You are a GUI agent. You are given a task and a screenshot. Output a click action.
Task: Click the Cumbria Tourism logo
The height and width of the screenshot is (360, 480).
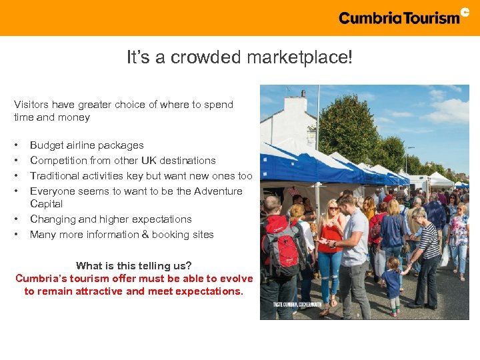pos(403,17)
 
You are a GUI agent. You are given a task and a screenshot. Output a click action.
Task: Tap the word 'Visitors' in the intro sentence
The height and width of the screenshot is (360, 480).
pos(32,105)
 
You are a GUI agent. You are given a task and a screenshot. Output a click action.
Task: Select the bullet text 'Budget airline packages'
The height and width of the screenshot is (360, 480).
pos(87,145)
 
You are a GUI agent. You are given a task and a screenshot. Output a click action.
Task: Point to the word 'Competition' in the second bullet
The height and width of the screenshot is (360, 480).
pos(57,161)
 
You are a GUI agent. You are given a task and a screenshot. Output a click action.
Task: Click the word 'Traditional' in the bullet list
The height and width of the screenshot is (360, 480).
pos(56,176)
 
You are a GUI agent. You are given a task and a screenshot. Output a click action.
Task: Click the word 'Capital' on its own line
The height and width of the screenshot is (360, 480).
pos(46,204)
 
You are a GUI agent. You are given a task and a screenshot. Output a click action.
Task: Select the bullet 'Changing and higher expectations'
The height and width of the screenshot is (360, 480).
pos(111,219)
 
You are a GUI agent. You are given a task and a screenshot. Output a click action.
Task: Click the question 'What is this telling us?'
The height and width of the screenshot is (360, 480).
pos(134,266)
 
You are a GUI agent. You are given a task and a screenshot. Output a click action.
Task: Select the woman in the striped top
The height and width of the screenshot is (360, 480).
pos(427,257)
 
